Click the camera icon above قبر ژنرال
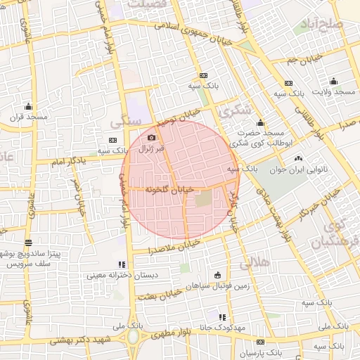[151, 137]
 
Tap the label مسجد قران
[27, 117]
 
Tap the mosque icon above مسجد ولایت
[333, 81]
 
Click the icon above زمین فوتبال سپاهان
[216, 274]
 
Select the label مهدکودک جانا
[240, 328]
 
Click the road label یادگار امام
[70, 163]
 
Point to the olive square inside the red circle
[202, 199]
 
